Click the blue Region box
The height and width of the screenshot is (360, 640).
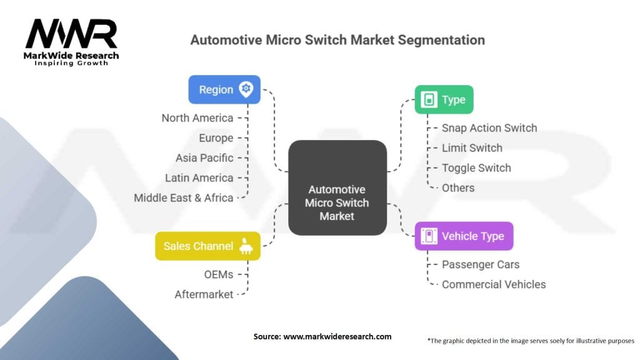(x=224, y=89)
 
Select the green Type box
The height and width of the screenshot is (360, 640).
(x=444, y=99)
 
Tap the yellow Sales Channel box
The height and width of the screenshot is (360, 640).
(x=207, y=246)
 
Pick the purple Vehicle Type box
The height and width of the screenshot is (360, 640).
(x=464, y=236)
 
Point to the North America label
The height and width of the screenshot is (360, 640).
(x=197, y=118)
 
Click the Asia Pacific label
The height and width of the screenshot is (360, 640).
(x=204, y=158)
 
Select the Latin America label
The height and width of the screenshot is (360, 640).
(x=199, y=178)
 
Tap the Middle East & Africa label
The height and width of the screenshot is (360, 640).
(x=184, y=198)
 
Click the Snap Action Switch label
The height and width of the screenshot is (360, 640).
(x=489, y=128)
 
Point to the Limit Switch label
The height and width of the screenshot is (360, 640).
(x=472, y=148)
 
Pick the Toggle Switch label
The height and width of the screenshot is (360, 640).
(x=476, y=168)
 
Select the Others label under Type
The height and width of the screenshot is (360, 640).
(x=458, y=188)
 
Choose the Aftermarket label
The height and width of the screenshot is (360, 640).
(x=204, y=294)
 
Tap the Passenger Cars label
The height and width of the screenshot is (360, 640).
(x=481, y=265)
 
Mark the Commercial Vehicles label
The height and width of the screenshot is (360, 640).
(x=494, y=285)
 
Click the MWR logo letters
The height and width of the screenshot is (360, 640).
(x=71, y=34)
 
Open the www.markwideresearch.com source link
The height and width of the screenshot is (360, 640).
(x=337, y=337)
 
